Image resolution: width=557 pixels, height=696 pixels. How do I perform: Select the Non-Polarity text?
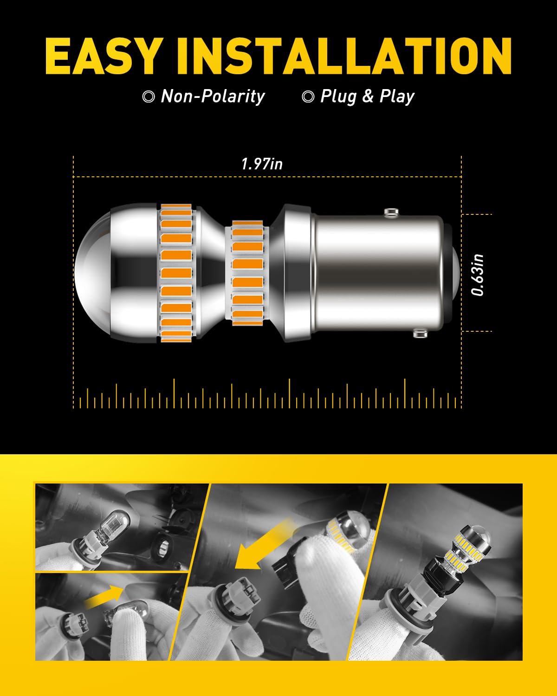pos(212,97)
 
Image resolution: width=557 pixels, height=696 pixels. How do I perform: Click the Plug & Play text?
pos(367,97)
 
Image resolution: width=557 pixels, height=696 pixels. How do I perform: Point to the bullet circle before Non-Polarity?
pos(149,97)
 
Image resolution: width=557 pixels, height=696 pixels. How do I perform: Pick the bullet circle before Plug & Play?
pos(308,97)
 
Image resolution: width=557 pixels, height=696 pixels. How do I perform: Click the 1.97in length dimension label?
pos(262,164)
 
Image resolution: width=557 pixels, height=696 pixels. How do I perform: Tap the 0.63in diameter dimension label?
pos(478,275)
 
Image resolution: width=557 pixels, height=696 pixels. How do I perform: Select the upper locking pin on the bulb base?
pos(391,212)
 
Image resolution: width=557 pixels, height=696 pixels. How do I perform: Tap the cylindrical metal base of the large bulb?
pos(378,274)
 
